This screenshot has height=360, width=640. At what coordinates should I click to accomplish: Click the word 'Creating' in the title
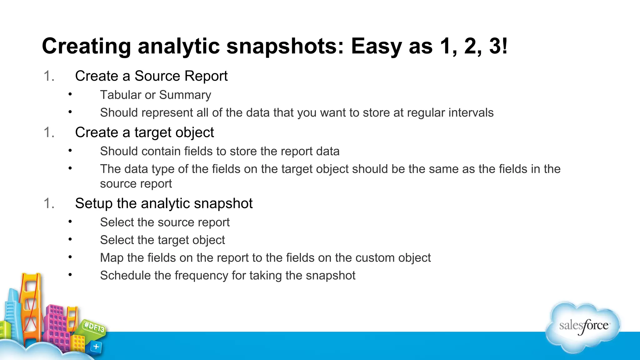pyautogui.click(x=86, y=46)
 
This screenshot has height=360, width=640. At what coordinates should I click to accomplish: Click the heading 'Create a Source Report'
pyautogui.click(x=151, y=76)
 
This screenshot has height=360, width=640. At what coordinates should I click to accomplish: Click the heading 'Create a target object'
pyautogui.click(x=144, y=132)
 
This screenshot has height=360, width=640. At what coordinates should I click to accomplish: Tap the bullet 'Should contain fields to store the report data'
pyautogui.click(x=219, y=151)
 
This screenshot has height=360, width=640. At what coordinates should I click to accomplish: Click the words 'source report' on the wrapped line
pyautogui.click(x=136, y=184)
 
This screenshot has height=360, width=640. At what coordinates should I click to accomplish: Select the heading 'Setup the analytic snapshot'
pyautogui.click(x=164, y=203)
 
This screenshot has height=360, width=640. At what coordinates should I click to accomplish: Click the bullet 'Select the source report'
pyautogui.click(x=165, y=222)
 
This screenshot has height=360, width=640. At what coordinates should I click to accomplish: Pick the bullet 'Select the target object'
pyautogui.click(x=162, y=240)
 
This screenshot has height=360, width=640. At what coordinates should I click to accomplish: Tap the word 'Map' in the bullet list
pyautogui.click(x=112, y=258)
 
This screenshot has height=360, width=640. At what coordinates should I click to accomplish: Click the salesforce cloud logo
pyautogui.click(x=583, y=327)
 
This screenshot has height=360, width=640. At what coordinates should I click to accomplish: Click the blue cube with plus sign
pyautogui.click(x=96, y=347)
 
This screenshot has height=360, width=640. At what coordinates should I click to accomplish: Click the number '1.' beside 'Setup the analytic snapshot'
pyautogui.click(x=49, y=203)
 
